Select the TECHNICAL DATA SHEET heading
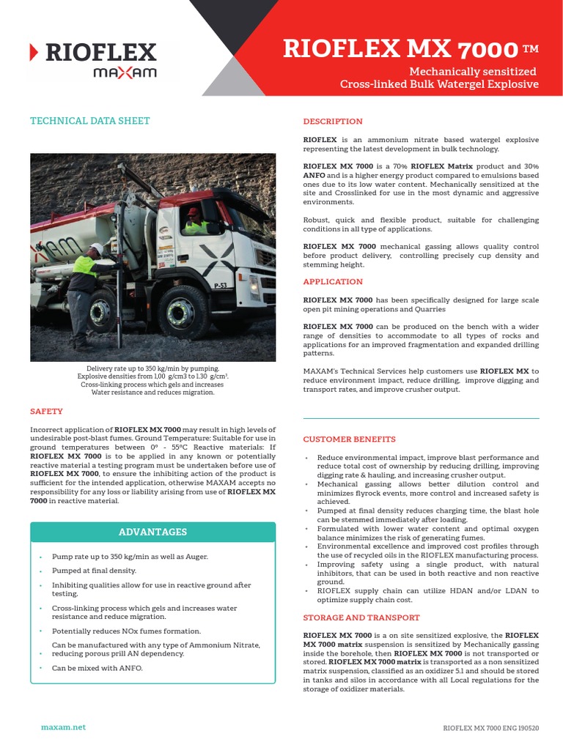coord(89,121)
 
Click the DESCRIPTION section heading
coord(333,122)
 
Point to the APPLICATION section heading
coord(333,282)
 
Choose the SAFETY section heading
coord(46,412)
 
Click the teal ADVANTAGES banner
coord(153,532)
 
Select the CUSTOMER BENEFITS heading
coord(349,439)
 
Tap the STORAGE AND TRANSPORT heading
coord(361,618)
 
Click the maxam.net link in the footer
coord(63,727)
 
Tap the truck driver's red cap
coord(193,212)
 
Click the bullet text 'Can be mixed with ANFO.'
coord(97,668)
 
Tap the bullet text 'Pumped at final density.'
coord(94,571)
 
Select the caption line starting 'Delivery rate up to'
coord(152,368)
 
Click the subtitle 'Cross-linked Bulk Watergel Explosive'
coord(439,84)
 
